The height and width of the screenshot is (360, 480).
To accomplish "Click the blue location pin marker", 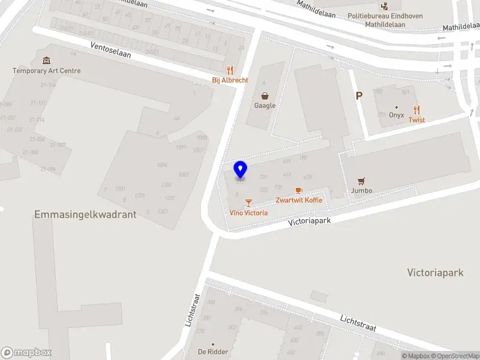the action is pyautogui.click(x=240, y=170).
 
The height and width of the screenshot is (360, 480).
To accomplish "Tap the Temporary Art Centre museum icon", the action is pyautogui.click(x=46, y=61).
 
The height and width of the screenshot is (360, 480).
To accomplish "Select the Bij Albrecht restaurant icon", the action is pyautogui.click(x=229, y=70).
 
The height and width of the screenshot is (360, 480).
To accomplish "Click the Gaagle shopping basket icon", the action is pyautogui.click(x=265, y=95).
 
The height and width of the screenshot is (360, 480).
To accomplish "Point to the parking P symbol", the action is pyautogui.click(x=359, y=95).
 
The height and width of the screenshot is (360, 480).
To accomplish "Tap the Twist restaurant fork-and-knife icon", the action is pyautogui.click(x=417, y=110).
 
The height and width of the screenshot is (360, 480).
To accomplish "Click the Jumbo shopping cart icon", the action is pyautogui.click(x=361, y=181).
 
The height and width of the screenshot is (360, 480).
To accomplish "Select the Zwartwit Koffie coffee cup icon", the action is pyautogui.click(x=299, y=190).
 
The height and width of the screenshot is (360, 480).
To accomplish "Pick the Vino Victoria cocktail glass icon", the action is pyautogui.click(x=248, y=203).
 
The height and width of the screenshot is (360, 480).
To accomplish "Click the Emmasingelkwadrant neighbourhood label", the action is pyautogui.click(x=85, y=214).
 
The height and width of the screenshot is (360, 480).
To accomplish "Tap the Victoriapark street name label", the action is pyautogui.click(x=309, y=220).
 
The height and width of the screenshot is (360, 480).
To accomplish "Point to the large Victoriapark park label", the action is pyautogui.click(x=435, y=272).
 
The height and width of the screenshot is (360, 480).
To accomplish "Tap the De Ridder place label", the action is pyautogui.click(x=213, y=352).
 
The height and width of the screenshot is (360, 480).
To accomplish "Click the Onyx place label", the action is pyautogui.click(x=396, y=115).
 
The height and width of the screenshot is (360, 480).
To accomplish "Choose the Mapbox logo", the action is pyautogui.click(x=26, y=352).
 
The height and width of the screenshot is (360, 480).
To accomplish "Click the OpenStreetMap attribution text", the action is pyautogui.click(x=455, y=356).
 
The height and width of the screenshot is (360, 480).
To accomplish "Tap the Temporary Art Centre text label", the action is pyautogui.click(x=46, y=71).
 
